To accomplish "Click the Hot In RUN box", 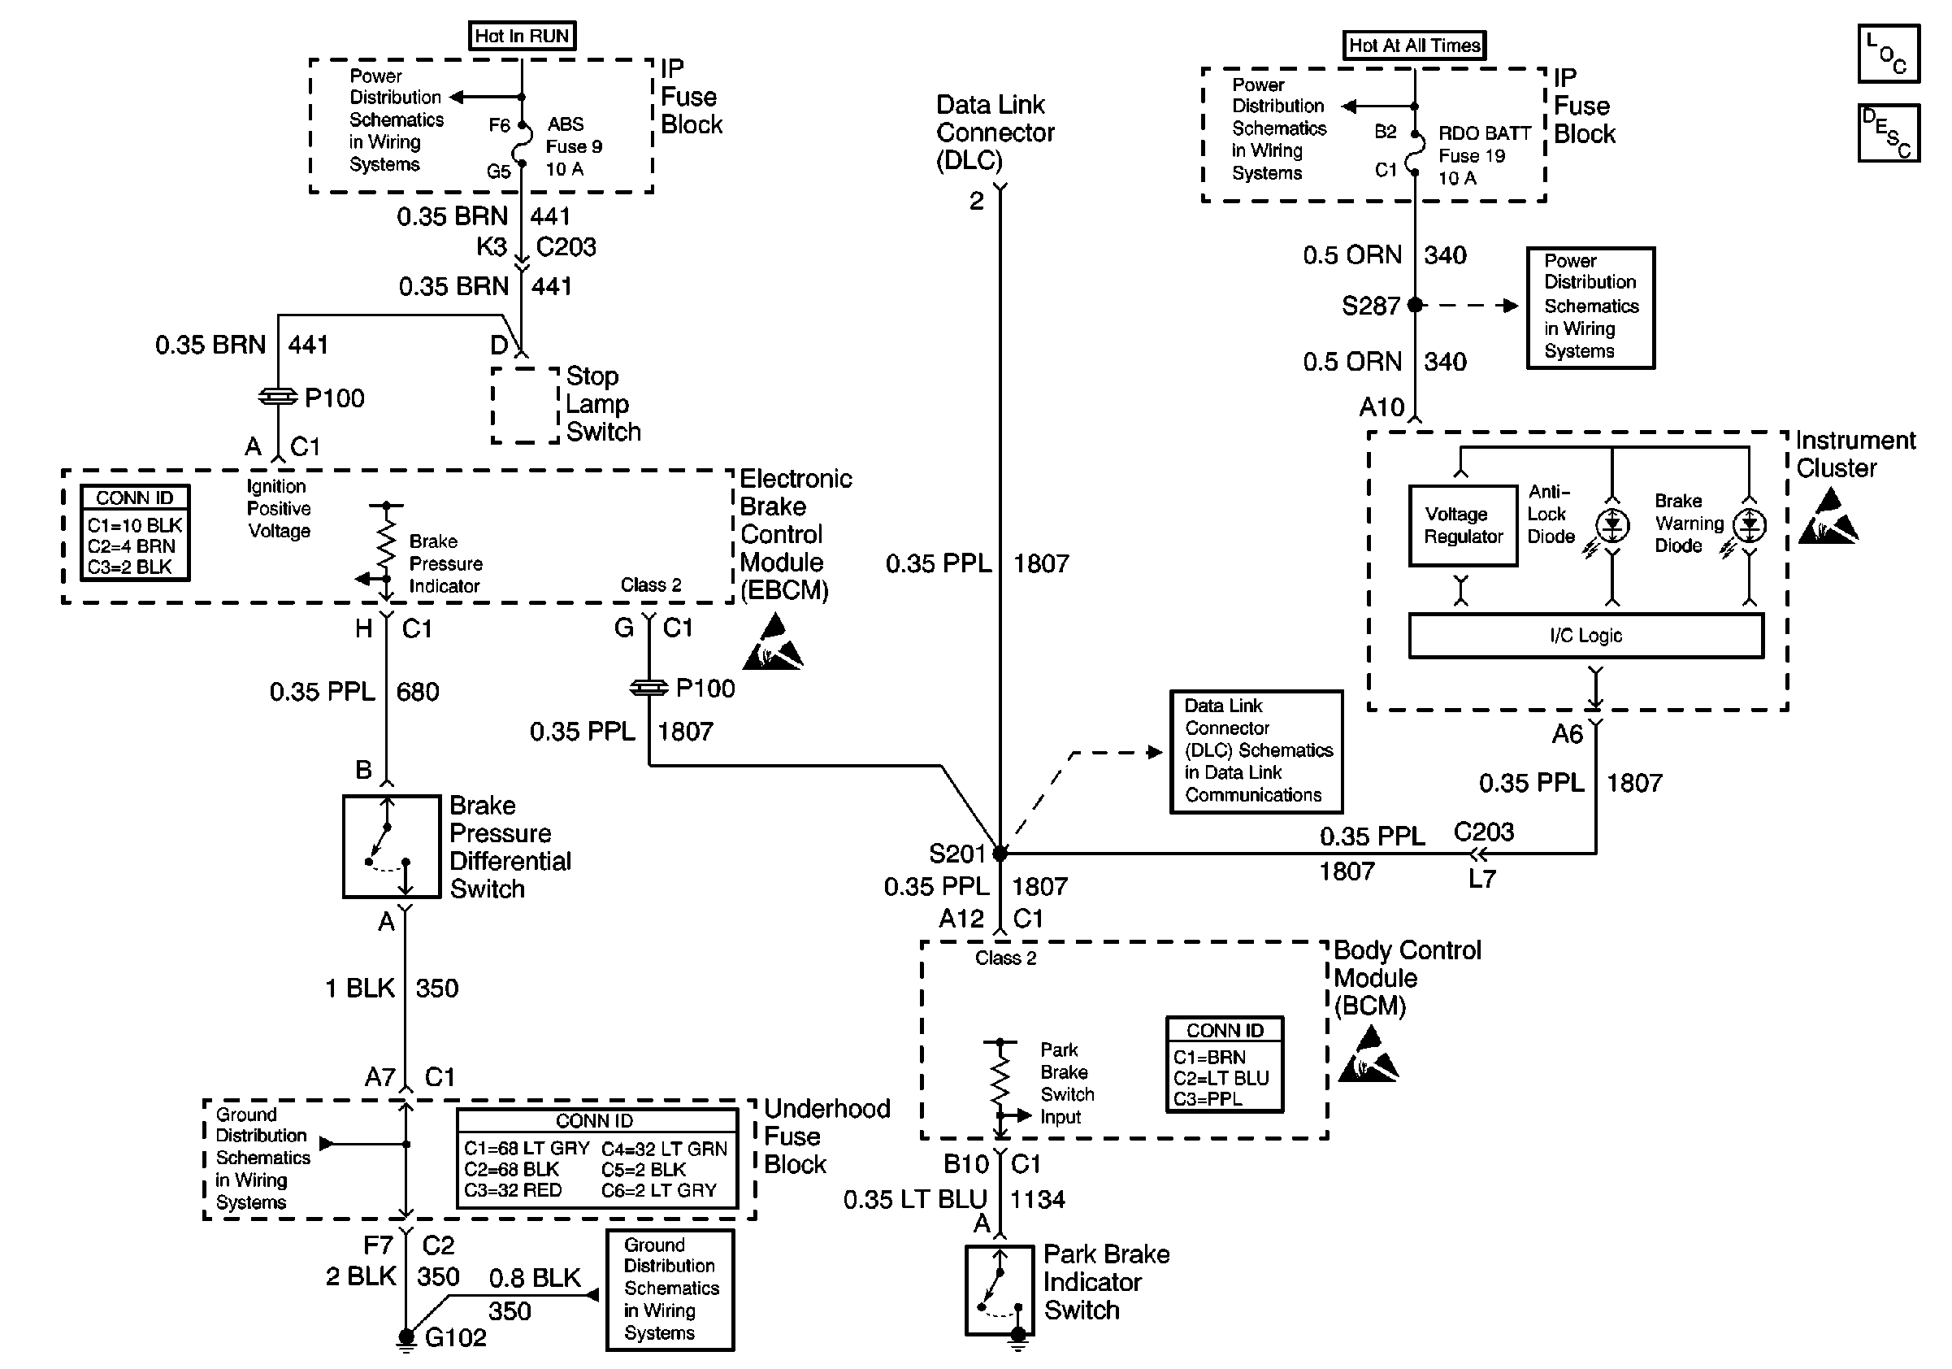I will coord(522,36).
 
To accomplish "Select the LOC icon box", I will coord(1889,54).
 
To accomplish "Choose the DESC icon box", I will coord(1889,133).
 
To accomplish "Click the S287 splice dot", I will coord(1415,304).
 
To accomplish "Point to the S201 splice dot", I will coord(1000,853).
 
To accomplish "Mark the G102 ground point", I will coord(406,1336).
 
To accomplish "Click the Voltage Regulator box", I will coord(1463,525).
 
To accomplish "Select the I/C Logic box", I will coord(1585,635).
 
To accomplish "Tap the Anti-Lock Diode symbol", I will coord(1612,525).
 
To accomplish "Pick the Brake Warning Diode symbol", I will coord(1749,525).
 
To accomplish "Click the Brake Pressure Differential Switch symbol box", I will coord(391,846).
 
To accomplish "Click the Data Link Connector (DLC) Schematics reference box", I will coord(1256,751).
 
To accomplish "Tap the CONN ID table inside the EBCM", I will coord(135,533).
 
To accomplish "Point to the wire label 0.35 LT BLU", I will coord(915,1200).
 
